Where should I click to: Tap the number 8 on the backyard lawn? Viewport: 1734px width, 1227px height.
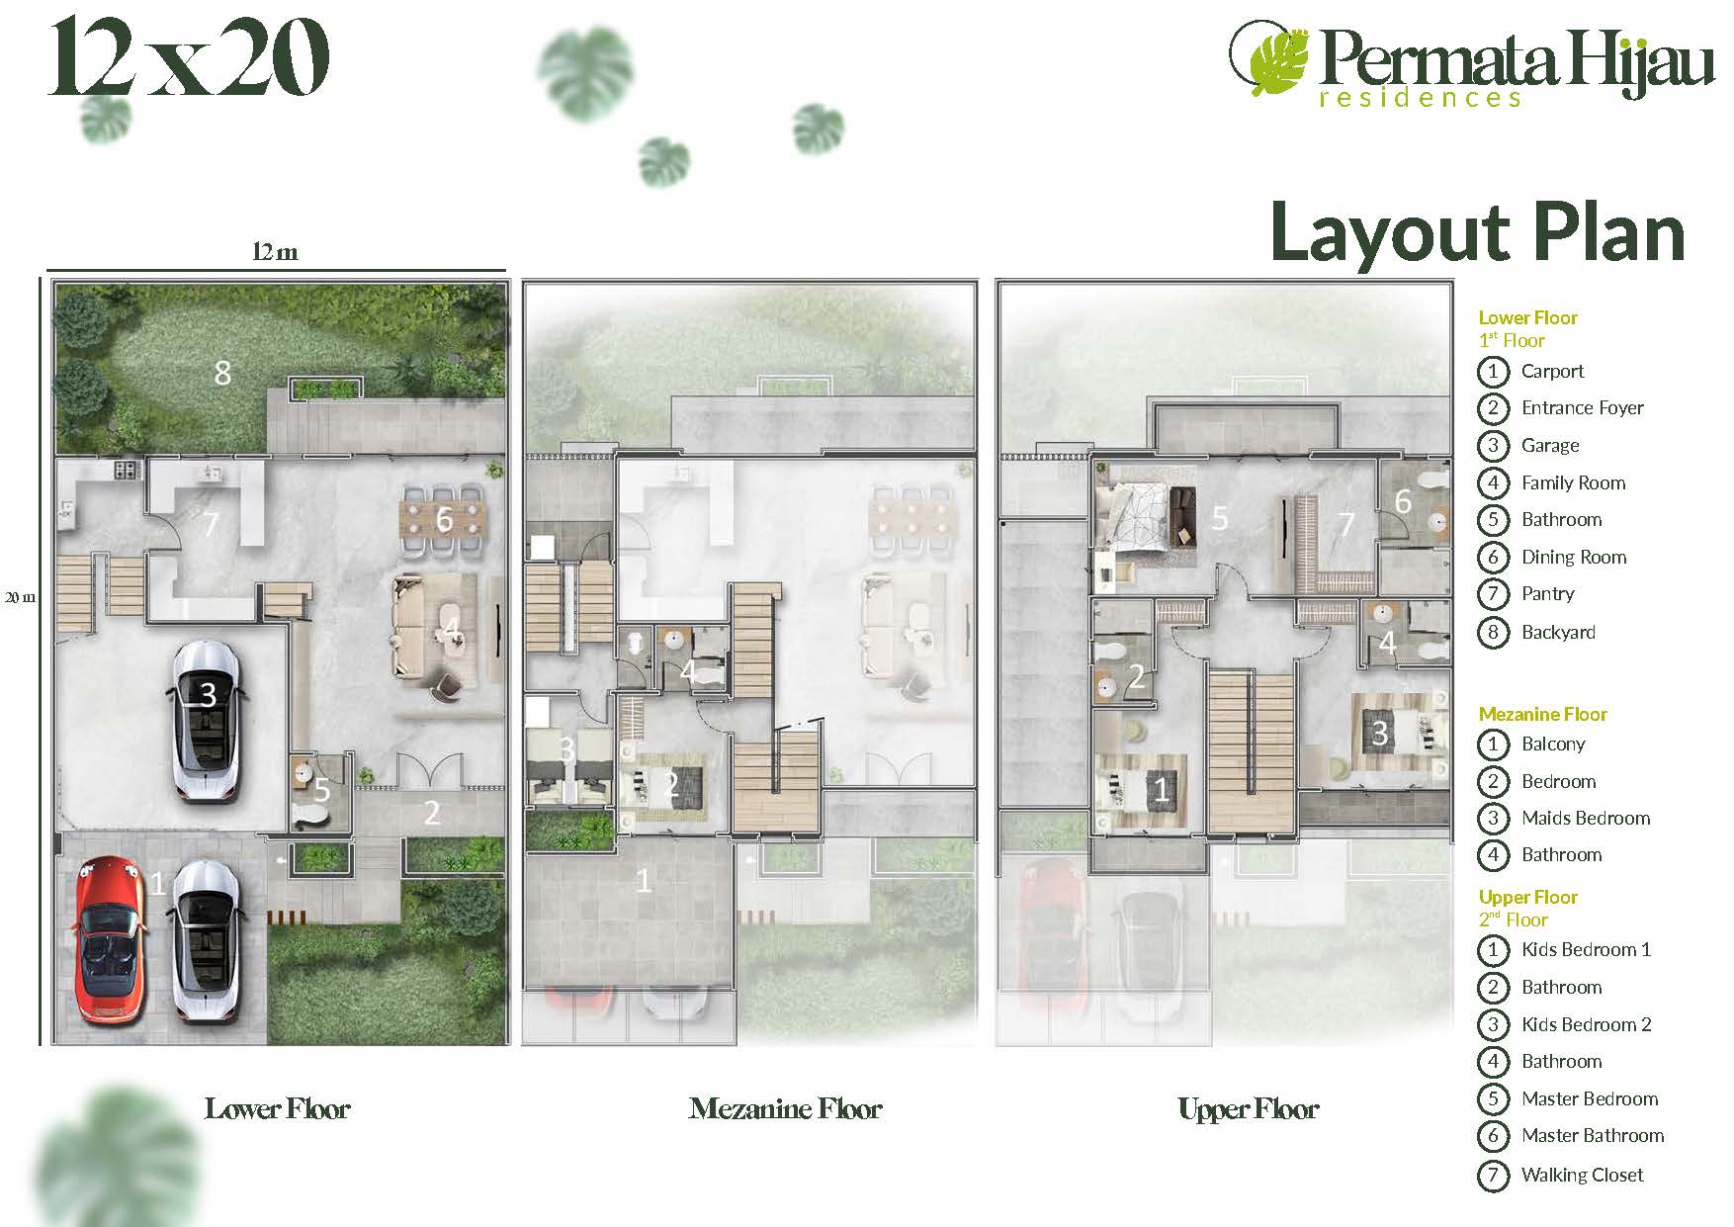click(222, 373)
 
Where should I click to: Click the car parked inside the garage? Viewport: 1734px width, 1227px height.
click(206, 720)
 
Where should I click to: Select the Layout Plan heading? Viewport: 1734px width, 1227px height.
click(1477, 232)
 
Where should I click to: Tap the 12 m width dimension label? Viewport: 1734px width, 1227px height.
click(275, 252)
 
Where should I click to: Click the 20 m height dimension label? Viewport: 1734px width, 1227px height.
click(21, 597)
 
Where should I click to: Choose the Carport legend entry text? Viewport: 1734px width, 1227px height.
click(1552, 372)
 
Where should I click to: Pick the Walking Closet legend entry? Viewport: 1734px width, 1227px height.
click(1582, 1175)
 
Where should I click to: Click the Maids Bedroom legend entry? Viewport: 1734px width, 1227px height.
click(1586, 818)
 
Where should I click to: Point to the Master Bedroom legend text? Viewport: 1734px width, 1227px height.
click(1590, 1098)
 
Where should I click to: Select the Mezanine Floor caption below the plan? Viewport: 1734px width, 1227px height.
click(785, 1108)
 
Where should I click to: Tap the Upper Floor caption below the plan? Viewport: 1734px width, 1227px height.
click(1249, 1109)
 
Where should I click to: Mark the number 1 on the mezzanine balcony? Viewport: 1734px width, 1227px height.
click(644, 880)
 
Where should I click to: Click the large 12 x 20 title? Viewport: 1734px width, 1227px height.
click(189, 60)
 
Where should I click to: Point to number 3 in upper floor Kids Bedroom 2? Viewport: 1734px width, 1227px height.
click(1380, 733)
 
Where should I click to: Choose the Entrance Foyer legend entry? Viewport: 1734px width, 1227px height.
click(1582, 408)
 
